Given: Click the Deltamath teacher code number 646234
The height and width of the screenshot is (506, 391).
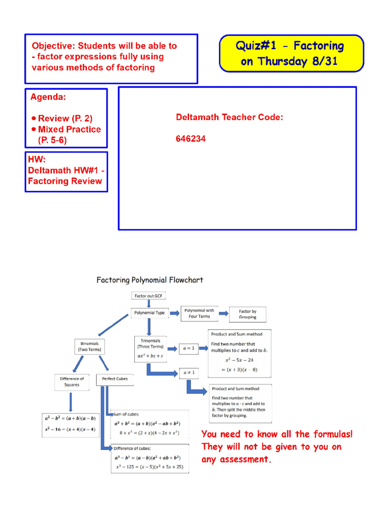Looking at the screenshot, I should (x=191, y=139).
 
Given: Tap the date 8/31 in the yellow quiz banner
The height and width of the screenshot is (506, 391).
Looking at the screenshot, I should (x=325, y=61).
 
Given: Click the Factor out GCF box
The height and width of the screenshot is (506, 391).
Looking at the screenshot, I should (x=148, y=296).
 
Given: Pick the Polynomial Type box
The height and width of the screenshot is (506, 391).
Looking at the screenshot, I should (x=150, y=313).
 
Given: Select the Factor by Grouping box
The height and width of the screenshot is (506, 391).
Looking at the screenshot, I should (x=248, y=314).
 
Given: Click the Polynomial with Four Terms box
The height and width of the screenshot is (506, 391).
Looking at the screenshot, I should (x=199, y=313).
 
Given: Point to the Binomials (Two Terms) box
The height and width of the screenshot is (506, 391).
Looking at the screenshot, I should (x=90, y=347).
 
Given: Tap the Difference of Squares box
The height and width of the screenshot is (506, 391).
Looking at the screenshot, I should (x=72, y=382).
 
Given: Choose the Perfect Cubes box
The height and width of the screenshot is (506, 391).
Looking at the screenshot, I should (x=115, y=379).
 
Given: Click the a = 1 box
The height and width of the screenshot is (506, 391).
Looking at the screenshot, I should (x=189, y=348).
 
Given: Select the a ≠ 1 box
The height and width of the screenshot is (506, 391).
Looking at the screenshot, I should (x=189, y=373).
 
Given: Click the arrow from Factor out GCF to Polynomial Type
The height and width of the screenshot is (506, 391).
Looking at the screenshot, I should (x=149, y=304).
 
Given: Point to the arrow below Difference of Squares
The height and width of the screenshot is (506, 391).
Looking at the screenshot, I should (x=71, y=402).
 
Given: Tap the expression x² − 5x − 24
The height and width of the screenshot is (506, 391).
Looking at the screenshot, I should (x=239, y=360).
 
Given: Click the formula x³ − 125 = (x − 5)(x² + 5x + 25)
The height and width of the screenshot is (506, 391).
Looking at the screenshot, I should (x=150, y=467).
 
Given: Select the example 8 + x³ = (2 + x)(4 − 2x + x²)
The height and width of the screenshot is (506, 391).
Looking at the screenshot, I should (x=149, y=433).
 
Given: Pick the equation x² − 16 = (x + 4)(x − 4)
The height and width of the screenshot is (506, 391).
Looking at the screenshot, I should (x=70, y=429).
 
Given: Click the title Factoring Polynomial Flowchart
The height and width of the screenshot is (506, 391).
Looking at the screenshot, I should (x=150, y=280).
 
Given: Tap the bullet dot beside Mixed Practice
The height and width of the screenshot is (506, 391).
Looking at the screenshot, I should (x=34, y=129).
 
